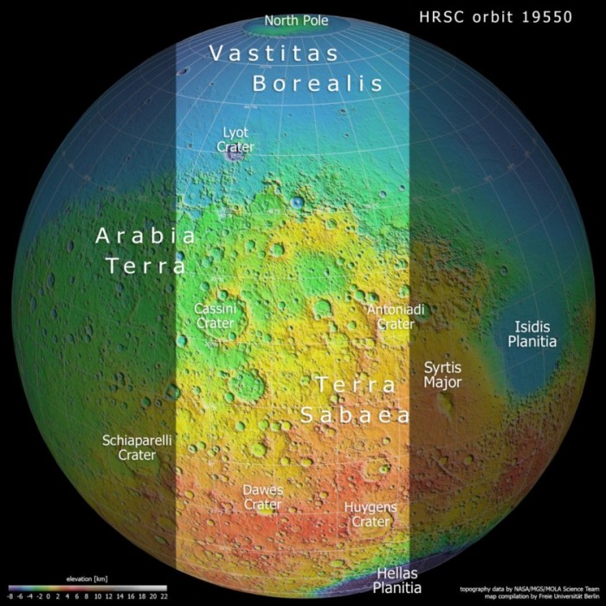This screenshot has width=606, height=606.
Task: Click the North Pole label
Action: point(296,20)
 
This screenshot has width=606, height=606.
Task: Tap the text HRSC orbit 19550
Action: point(495,17)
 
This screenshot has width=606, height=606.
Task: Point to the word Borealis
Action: point(317,83)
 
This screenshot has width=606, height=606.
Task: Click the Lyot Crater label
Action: point(235,139)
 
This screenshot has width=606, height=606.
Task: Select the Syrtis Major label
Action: point(442,375)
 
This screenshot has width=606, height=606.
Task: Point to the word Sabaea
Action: point(355,416)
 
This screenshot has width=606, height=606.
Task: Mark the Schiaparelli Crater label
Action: point(137,448)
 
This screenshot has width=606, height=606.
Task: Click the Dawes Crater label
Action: point(262,497)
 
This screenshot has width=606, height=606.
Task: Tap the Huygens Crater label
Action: point(371,514)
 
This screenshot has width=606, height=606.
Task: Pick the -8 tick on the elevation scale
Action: point(10,596)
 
